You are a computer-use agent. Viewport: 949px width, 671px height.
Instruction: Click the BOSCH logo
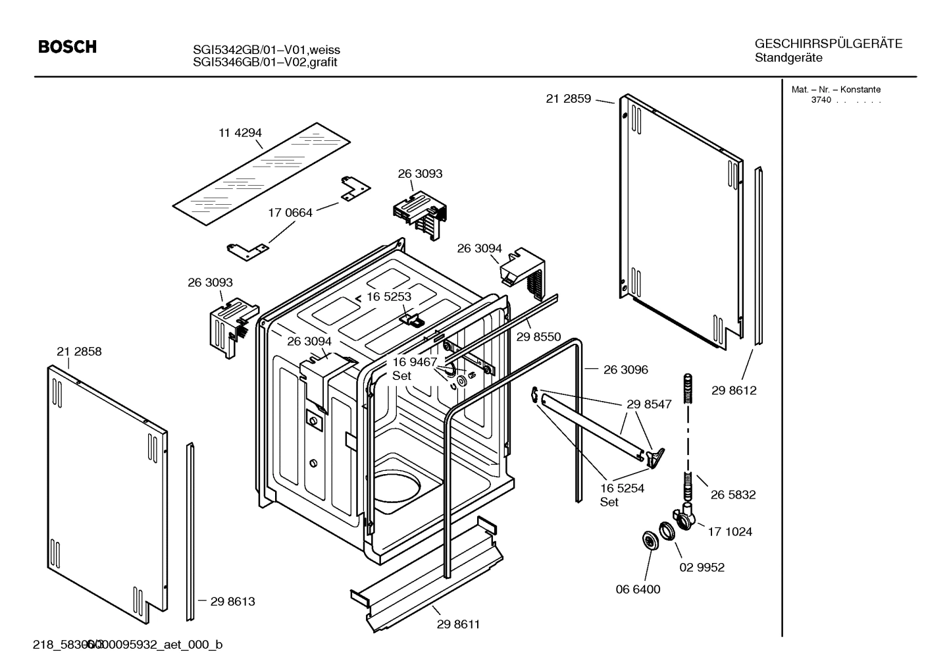(67, 47)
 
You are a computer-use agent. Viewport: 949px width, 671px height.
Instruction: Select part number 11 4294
(240, 133)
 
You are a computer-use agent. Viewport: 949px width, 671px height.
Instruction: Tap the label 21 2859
(568, 99)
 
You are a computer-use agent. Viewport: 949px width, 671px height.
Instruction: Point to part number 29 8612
(734, 390)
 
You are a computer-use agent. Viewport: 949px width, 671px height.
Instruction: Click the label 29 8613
(232, 601)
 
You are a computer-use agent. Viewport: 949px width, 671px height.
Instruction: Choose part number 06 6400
(638, 589)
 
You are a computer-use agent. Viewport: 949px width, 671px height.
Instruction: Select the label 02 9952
(702, 567)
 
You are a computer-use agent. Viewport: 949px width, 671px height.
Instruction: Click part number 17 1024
(730, 531)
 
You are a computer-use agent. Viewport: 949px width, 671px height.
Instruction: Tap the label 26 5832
(733, 495)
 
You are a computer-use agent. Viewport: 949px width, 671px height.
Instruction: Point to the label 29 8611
(458, 624)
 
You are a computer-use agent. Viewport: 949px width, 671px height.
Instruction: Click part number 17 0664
(290, 213)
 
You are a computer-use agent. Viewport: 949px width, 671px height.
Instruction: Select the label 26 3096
(625, 369)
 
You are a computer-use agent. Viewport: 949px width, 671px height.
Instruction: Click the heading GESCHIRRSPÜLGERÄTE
(828, 44)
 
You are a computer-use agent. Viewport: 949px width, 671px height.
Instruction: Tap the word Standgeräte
(788, 58)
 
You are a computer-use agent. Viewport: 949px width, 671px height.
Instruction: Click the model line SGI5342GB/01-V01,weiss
(266, 50)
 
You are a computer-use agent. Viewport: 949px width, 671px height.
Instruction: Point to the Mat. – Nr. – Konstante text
(835, 90)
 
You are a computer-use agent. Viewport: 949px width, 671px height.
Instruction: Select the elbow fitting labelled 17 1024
(684, 518)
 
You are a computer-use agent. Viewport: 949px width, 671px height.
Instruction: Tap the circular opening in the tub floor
(396, 491)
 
